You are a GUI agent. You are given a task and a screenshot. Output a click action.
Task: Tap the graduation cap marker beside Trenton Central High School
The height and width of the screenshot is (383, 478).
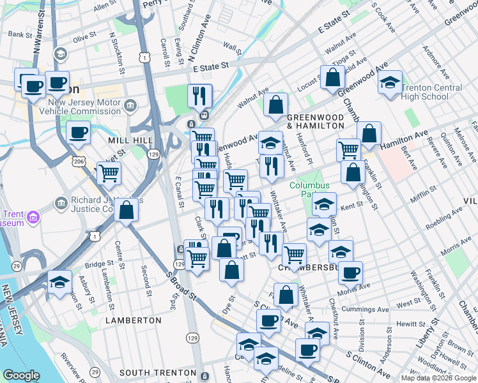pyautogui.click(x=390, y=83)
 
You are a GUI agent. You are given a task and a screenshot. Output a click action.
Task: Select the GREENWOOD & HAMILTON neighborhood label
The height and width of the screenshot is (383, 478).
pyautogui.click(x=315, y=122)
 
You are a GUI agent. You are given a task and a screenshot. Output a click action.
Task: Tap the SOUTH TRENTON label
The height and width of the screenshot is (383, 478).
pyautogui.click(x=157, y=372)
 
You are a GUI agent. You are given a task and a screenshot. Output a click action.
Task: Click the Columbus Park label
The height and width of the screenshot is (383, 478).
pyautogui.click(x=309, y=190)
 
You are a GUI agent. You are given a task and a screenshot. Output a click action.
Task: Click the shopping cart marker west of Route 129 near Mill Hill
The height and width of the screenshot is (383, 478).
pyautogui.click(x=109, y=172)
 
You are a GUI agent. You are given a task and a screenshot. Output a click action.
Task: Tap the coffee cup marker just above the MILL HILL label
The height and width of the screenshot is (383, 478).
pyautogui.click(x=79, y=133)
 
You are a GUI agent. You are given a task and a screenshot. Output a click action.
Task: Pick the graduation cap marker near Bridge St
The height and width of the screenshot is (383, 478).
pyautogui.click(x=59, y=282)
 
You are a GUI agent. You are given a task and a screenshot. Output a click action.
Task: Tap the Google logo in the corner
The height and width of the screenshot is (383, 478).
pyautogui.click(x=22, y=375)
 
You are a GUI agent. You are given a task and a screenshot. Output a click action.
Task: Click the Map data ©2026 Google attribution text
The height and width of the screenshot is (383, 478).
pyautogui.click(x=438, y=378)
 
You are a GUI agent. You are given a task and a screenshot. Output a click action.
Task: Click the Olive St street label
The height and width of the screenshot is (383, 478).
pyautogui.click(x=84, y=38)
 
